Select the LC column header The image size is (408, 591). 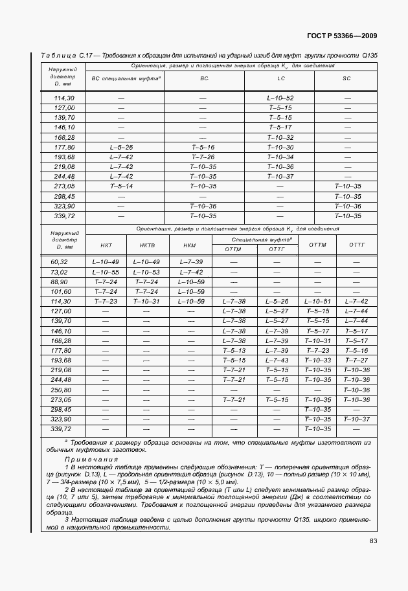(280, 78)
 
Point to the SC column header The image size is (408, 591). (346, 78)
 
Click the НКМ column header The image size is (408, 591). (190, 245)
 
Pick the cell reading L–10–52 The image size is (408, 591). (280, 97)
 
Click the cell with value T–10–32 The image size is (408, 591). (280, 137)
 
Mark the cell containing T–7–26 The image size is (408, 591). (203, 157)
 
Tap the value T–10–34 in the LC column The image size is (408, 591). (280, 157)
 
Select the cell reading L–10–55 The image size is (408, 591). (106, 272)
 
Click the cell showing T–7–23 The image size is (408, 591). (106, 301)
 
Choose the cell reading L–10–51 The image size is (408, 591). (317, 301)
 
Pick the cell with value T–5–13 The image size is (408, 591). (233, 350)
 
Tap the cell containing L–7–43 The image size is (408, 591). (277, 360)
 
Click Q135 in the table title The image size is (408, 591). (369, 56)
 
